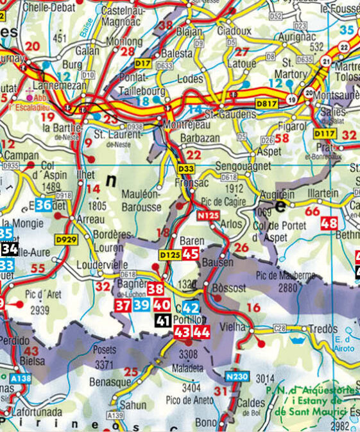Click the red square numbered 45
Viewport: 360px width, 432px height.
(191, 254)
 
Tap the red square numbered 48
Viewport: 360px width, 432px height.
(329, 223)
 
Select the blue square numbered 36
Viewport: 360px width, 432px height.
(44, 205)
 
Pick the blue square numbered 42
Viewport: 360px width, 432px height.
(191, 307)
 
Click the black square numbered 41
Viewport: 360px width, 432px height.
(162, 320)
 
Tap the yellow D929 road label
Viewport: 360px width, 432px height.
(66, 239)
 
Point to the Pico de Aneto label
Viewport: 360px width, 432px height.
(191, 401)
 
